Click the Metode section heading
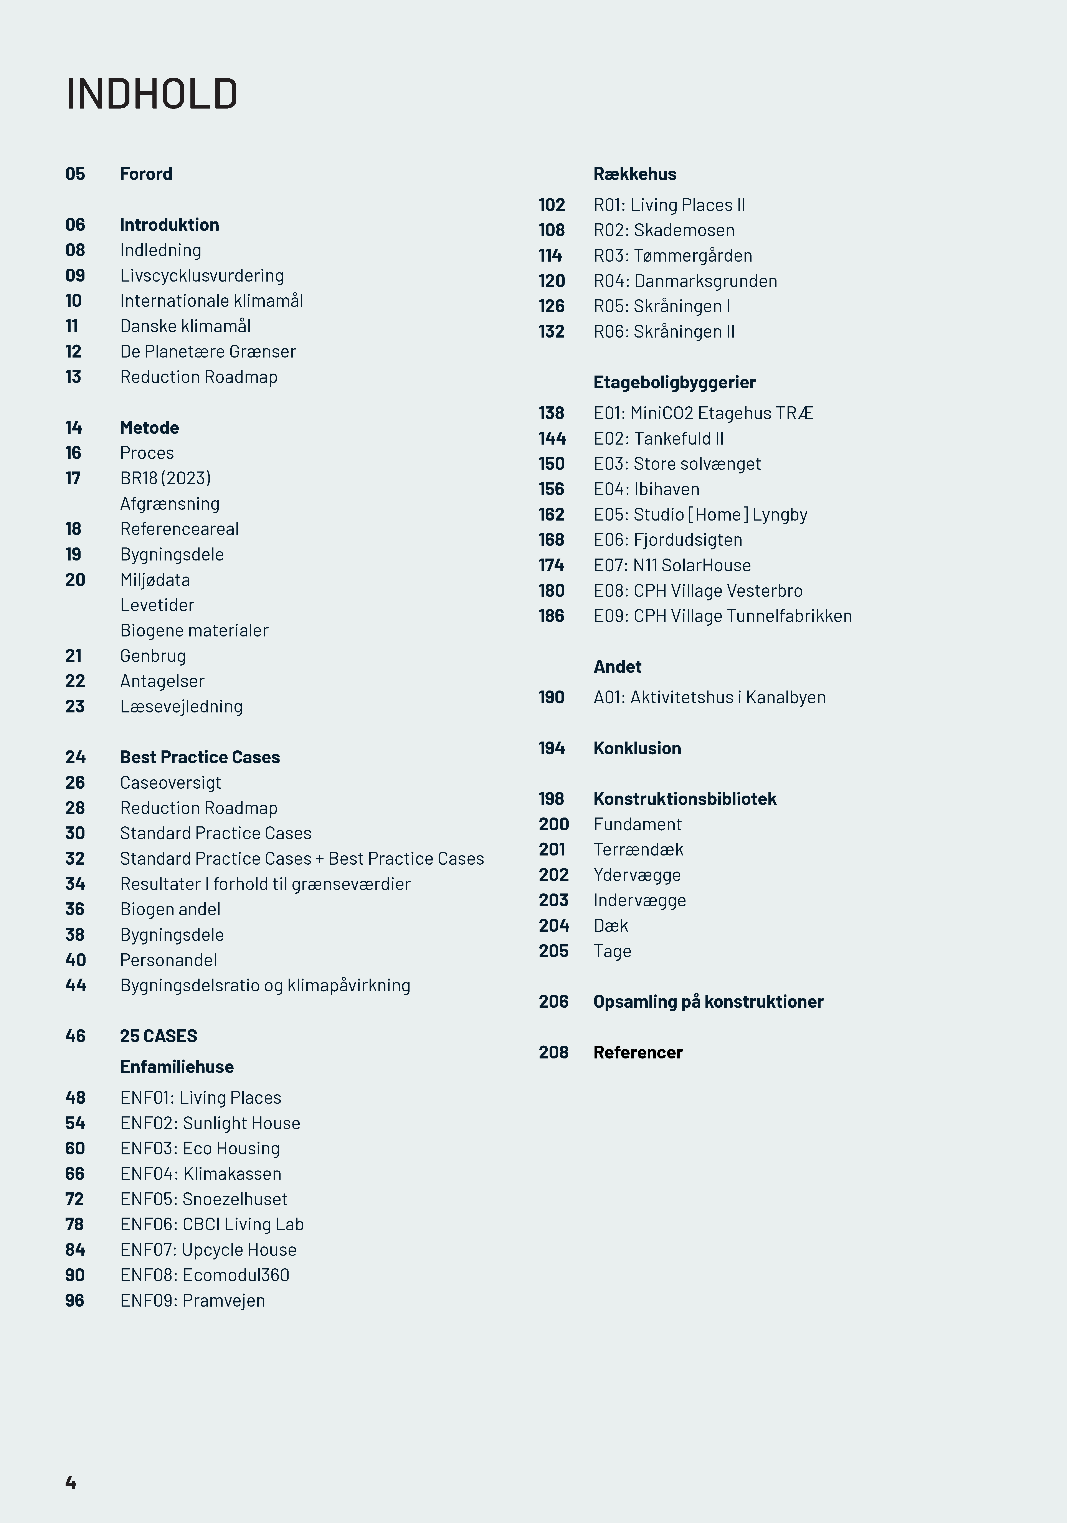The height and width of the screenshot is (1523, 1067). pos(149,428)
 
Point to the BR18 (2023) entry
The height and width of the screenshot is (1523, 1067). pos(165,478)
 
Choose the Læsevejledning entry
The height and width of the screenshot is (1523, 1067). pos(181,706)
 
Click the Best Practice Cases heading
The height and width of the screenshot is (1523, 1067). pos(200,758)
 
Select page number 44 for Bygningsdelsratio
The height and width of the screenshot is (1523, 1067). pos(76,986)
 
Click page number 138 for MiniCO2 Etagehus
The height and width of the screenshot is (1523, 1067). pos(552,413)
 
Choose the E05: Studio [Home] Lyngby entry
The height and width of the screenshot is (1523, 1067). pos(700,515)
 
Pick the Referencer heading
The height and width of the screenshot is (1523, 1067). pos(638,1053)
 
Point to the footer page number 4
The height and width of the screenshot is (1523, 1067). pos(70,1483)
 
